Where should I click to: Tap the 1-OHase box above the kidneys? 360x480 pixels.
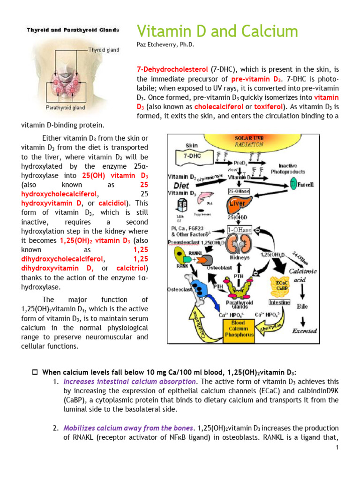pyautogui.click(x=239, y=230)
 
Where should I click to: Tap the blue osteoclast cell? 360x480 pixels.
pyautogui.click(x=194, y=286)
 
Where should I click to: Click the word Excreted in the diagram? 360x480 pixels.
pyautogui.click(x=305, y=330)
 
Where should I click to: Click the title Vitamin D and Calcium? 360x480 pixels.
pyautogui.click(x=217, y=31)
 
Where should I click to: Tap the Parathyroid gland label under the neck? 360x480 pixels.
pyautogui.click(x=65, y=107)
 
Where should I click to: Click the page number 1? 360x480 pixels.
pyautogui.click(x=337, y=448)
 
